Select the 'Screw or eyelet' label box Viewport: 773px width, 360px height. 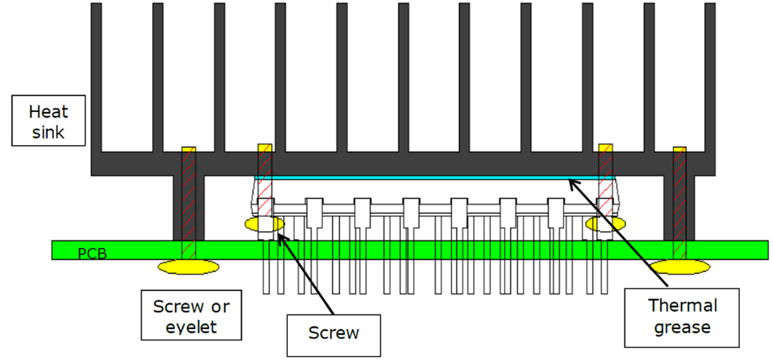click(191, 316)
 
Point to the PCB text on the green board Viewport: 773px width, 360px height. click(92, 254)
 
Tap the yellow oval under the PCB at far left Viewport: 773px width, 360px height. click(189, 267)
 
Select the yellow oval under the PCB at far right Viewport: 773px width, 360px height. click(680, 267)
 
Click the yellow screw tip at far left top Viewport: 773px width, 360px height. click(189, 148)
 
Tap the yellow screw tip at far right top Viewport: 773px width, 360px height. click(680, 148)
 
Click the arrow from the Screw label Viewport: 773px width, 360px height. click(307, 273)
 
